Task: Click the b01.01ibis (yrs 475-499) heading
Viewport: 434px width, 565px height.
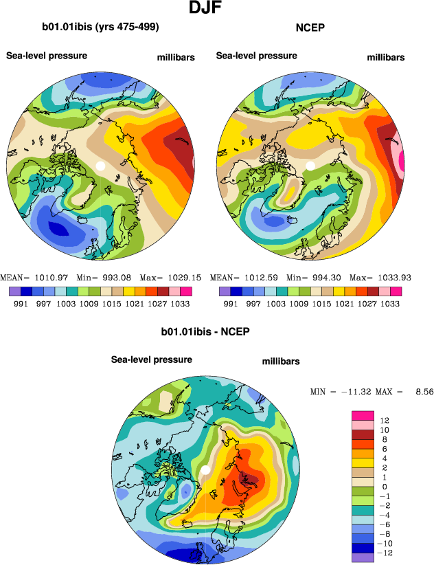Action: [100, 27]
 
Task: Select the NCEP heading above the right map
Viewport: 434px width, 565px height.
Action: [310, 27]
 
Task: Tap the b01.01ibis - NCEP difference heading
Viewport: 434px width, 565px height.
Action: [205, 331]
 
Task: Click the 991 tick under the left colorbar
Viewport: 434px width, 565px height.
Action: [19, 303]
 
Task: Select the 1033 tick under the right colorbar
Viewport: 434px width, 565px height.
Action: [390, 303]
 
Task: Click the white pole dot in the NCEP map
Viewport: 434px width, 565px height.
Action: [310, 166]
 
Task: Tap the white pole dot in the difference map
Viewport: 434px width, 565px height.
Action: [205, 469]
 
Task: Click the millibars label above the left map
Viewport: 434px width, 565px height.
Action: [176, 58]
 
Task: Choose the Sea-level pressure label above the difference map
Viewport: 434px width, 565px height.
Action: [152, 359]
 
